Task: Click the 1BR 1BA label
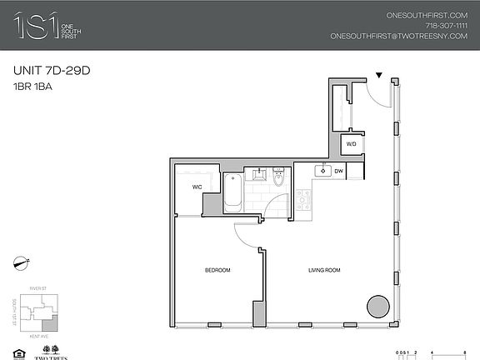(33, 86)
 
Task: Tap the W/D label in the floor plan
(351, 144)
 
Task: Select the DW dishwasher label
(339, 171)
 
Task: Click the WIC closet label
(198, 187)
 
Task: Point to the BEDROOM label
(217, 270)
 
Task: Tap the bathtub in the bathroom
(232, 192)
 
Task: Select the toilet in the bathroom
(278, 177)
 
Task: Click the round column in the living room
(377, 306)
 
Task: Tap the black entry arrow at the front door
(379, 76)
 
